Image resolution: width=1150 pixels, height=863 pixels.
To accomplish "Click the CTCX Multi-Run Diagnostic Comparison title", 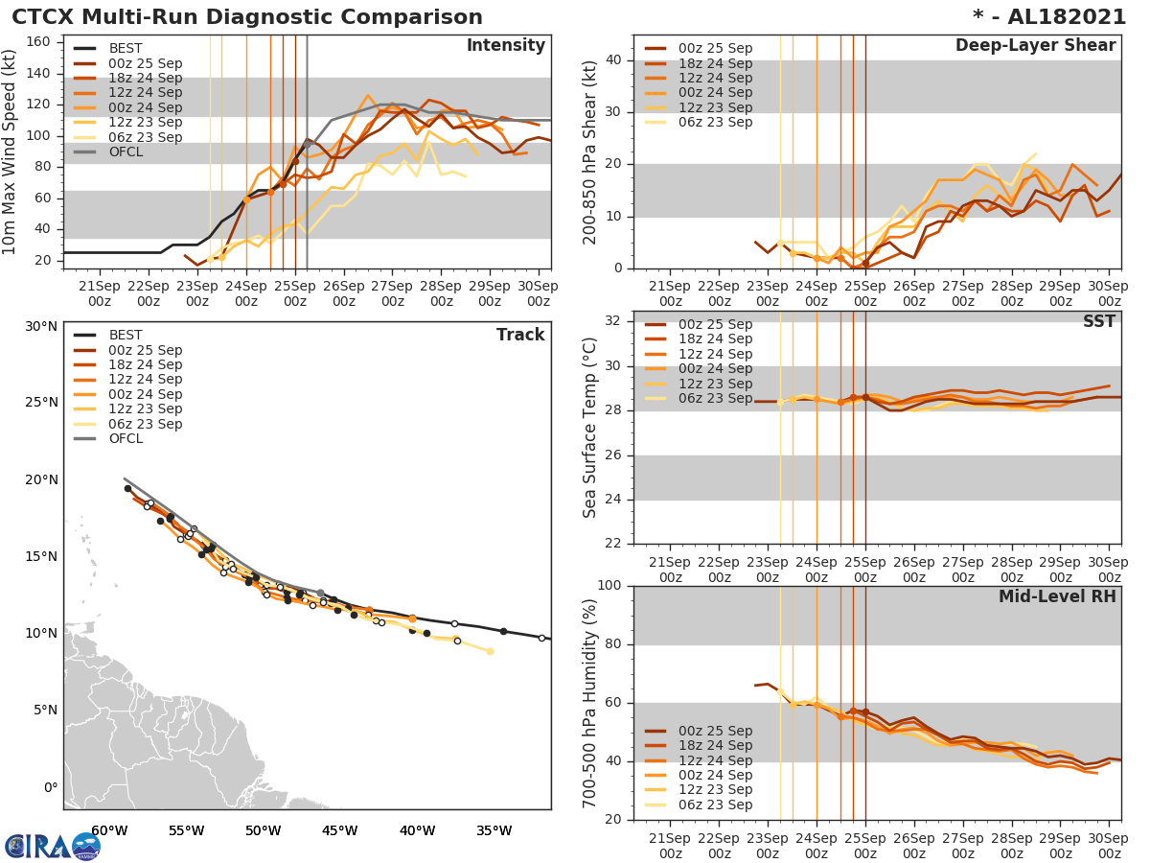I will pyautogui.click(x=247, y=17).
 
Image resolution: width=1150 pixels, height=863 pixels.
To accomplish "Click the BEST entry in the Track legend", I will pyautogui.click(x=126, y=335).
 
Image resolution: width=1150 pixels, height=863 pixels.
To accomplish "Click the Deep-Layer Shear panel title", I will pyautogui.click(x=1035, y=46).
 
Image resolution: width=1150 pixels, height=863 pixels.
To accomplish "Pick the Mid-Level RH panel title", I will pyautogui.click(x=1057, y=596).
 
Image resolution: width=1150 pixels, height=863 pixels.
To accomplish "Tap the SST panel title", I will pyautogui.click(x=1099, y=321).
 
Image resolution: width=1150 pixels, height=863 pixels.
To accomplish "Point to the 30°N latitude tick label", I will pyautogui.click(x=41, y=326).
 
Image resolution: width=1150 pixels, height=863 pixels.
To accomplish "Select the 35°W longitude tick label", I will pyautogui.click(x=494, y=830).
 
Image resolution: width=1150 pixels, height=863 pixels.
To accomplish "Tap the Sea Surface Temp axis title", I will pyautogui.click(x=590, y=427).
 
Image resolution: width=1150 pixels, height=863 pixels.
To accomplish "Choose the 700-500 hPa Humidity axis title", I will pyautogui.click(x=590, y=703).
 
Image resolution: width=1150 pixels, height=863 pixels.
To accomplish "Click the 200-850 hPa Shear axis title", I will pyautogui.click(x=590, y=152).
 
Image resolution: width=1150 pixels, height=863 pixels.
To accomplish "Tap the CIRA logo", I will pyautogui.click(x=53, y=846).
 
